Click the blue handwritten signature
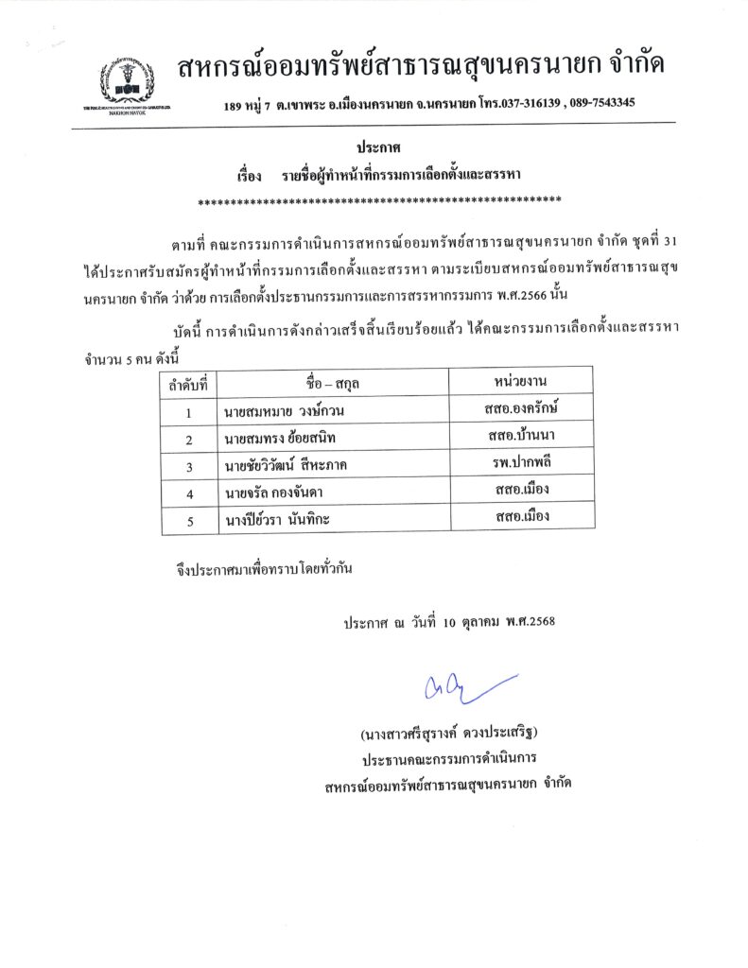click(463, 687)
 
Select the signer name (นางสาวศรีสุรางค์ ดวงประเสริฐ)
click(454, 734)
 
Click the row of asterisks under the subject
click(378, 199)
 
